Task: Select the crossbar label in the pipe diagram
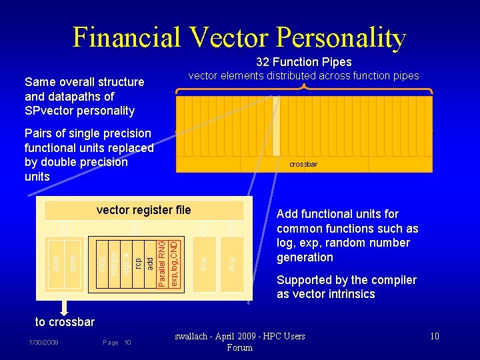tap(303, 164)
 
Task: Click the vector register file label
tap(143, 210)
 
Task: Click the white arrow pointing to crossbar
tap(65, 305)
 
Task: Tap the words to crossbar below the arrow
tap(65, 322)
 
